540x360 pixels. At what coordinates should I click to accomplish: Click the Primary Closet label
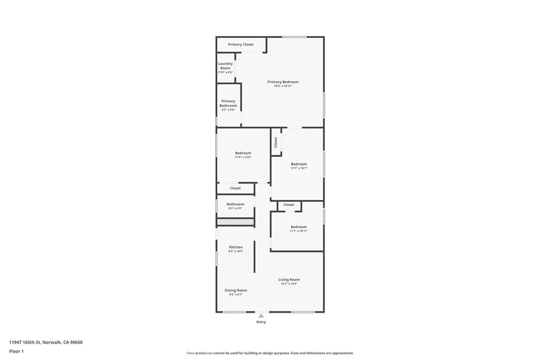tap(241, 45)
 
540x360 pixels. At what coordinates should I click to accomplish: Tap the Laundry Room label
tap(225, 66)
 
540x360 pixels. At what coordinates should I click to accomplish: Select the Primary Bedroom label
tap(283, 82)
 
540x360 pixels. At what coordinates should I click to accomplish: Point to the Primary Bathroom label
tap(228, 103)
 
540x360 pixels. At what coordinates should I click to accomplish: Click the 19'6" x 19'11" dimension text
tap(283, 86)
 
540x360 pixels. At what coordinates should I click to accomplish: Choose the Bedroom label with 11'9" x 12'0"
tap(243, 153)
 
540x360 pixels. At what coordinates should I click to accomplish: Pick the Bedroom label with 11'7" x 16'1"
tap(298, 164)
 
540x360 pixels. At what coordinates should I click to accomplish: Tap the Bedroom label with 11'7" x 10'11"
tap(298, 227)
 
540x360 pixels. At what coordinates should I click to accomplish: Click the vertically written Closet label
tap(276, 142)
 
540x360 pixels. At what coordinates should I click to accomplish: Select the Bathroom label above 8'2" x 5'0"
tap(235, 204)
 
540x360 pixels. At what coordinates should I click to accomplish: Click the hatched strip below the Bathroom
tap(235, 222)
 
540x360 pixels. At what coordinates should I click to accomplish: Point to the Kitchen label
tap(236, 247)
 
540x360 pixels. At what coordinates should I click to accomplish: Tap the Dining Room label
tap(236, 290)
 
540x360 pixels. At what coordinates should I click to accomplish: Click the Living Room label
tap(289, 280)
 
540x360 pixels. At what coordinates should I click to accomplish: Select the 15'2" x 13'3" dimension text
tap(289, 284)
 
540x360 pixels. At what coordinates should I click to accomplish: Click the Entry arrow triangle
tap(261, 316)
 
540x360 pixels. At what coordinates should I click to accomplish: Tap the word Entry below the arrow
tap(261, 322)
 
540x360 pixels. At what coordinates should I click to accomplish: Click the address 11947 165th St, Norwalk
tap(46, 342)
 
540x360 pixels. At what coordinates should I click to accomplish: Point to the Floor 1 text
tap(16, 351)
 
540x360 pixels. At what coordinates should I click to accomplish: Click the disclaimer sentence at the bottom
tap(270, 353)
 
